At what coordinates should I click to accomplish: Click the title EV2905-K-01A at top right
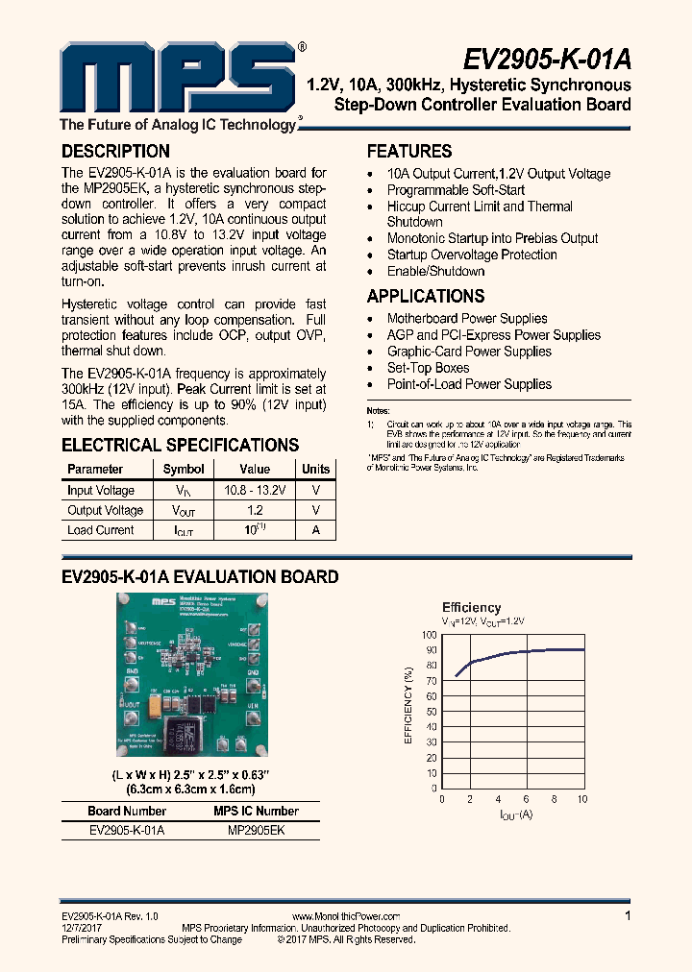pyautogui.click(x=547, y=60)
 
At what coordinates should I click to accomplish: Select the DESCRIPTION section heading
pyautogui.click(x=115, y=152)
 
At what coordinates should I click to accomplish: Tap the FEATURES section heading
pyautogui.click(x=409, y=152)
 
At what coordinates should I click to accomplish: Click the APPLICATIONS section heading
pyautogui.click(x=426, y=297)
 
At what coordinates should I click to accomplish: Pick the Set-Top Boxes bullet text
pyautogui.click(x=428, y=368)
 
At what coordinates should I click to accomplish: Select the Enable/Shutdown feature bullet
pyautogui.click(x=435, y=271)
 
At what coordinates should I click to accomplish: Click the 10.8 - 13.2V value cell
pyautogui.click(x=255, y=490)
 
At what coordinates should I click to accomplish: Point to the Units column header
pyautogui.click(x=315, y=470)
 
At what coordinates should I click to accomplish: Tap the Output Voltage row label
pyautogui.click(x=105, y=510)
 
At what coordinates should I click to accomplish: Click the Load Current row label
pyautogui.click(x=101, y=530)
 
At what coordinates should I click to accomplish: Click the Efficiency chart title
pyautogui.click(x=471, y=607)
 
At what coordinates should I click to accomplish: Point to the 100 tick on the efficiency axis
pyautogui.click(x=428, y=635)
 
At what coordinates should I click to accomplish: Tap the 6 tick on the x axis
pyautogui.click(x=526, y=799)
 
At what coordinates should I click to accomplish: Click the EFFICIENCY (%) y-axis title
pyautogui.click(x=408, y=707)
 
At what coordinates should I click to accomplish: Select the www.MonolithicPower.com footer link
pyautogui.click(x=345, y=916)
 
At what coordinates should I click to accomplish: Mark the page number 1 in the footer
pyautogui.click(x=628, y=916)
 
